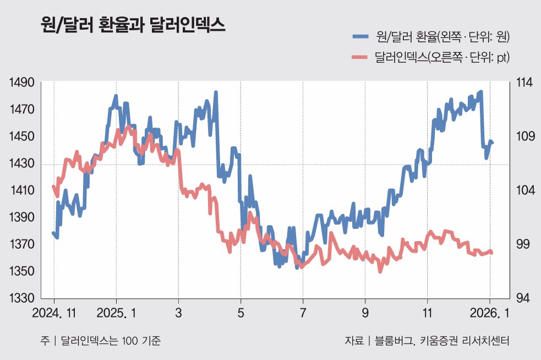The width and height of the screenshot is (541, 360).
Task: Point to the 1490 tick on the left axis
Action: tap(23, 83)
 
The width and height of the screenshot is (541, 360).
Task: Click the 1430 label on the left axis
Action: tap(23, 164)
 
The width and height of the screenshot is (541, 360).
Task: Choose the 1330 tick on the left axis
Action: tap(23, 298)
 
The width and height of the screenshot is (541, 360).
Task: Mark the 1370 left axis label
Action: tap(23, 244)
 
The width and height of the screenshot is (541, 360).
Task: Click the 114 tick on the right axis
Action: tap(524, 83)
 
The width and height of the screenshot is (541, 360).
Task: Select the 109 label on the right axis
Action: tap(524, 137)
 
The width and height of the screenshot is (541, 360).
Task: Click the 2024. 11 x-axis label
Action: tap(54, 314)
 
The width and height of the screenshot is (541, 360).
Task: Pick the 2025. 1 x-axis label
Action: tap(116, 314)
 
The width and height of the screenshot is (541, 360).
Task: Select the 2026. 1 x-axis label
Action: tap(490, 314)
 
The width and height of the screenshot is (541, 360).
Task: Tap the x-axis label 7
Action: tap(303, 314)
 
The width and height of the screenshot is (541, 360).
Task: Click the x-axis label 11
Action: tap(428, 314)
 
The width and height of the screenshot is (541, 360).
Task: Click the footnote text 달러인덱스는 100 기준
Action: tap(110, 341)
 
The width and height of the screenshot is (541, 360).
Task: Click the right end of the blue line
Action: tap(492, 143)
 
